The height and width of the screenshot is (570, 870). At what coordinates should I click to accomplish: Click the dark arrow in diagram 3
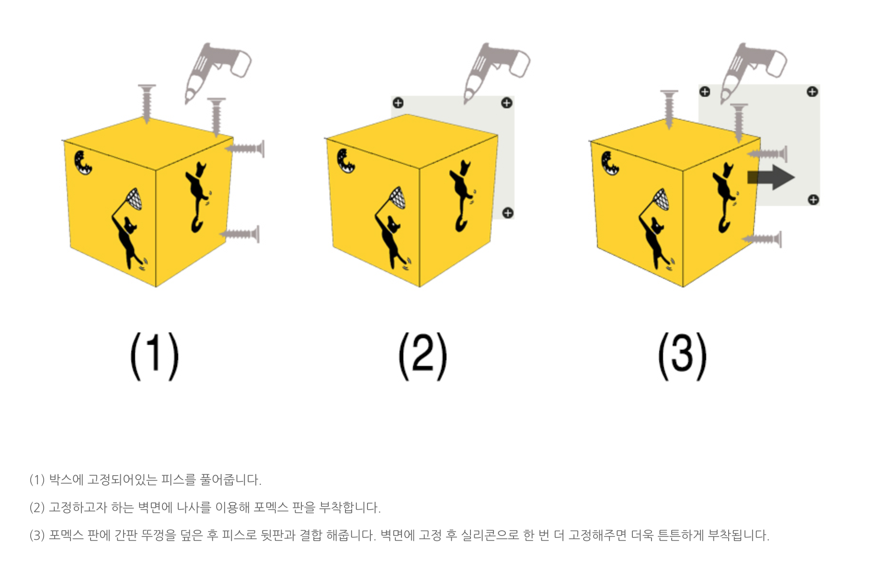[x=771, y=177]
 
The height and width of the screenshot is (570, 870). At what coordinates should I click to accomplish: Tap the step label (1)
[x=155, y=356]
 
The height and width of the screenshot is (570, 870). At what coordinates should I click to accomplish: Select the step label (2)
[x=423, y=356]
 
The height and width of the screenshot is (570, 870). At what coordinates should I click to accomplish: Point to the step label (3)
[x=683, y=356]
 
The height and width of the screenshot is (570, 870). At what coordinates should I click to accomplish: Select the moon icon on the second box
[x=346, y=160]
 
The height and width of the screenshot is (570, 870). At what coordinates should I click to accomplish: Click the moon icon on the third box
[x=610, y=163]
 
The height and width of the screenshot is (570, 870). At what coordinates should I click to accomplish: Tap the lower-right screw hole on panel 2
[x=508, y=213]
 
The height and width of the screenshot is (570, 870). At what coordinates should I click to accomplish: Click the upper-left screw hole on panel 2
[x=398, y=103]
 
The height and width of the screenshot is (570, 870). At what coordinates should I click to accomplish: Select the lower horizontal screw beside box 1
[x=240, y=234]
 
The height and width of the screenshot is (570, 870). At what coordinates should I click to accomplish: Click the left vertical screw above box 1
[x=147, y=103]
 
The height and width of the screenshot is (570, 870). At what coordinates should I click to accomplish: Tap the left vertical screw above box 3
[x=669, y=109]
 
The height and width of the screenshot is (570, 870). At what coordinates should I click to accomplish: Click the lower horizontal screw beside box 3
[x=762, y=239]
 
